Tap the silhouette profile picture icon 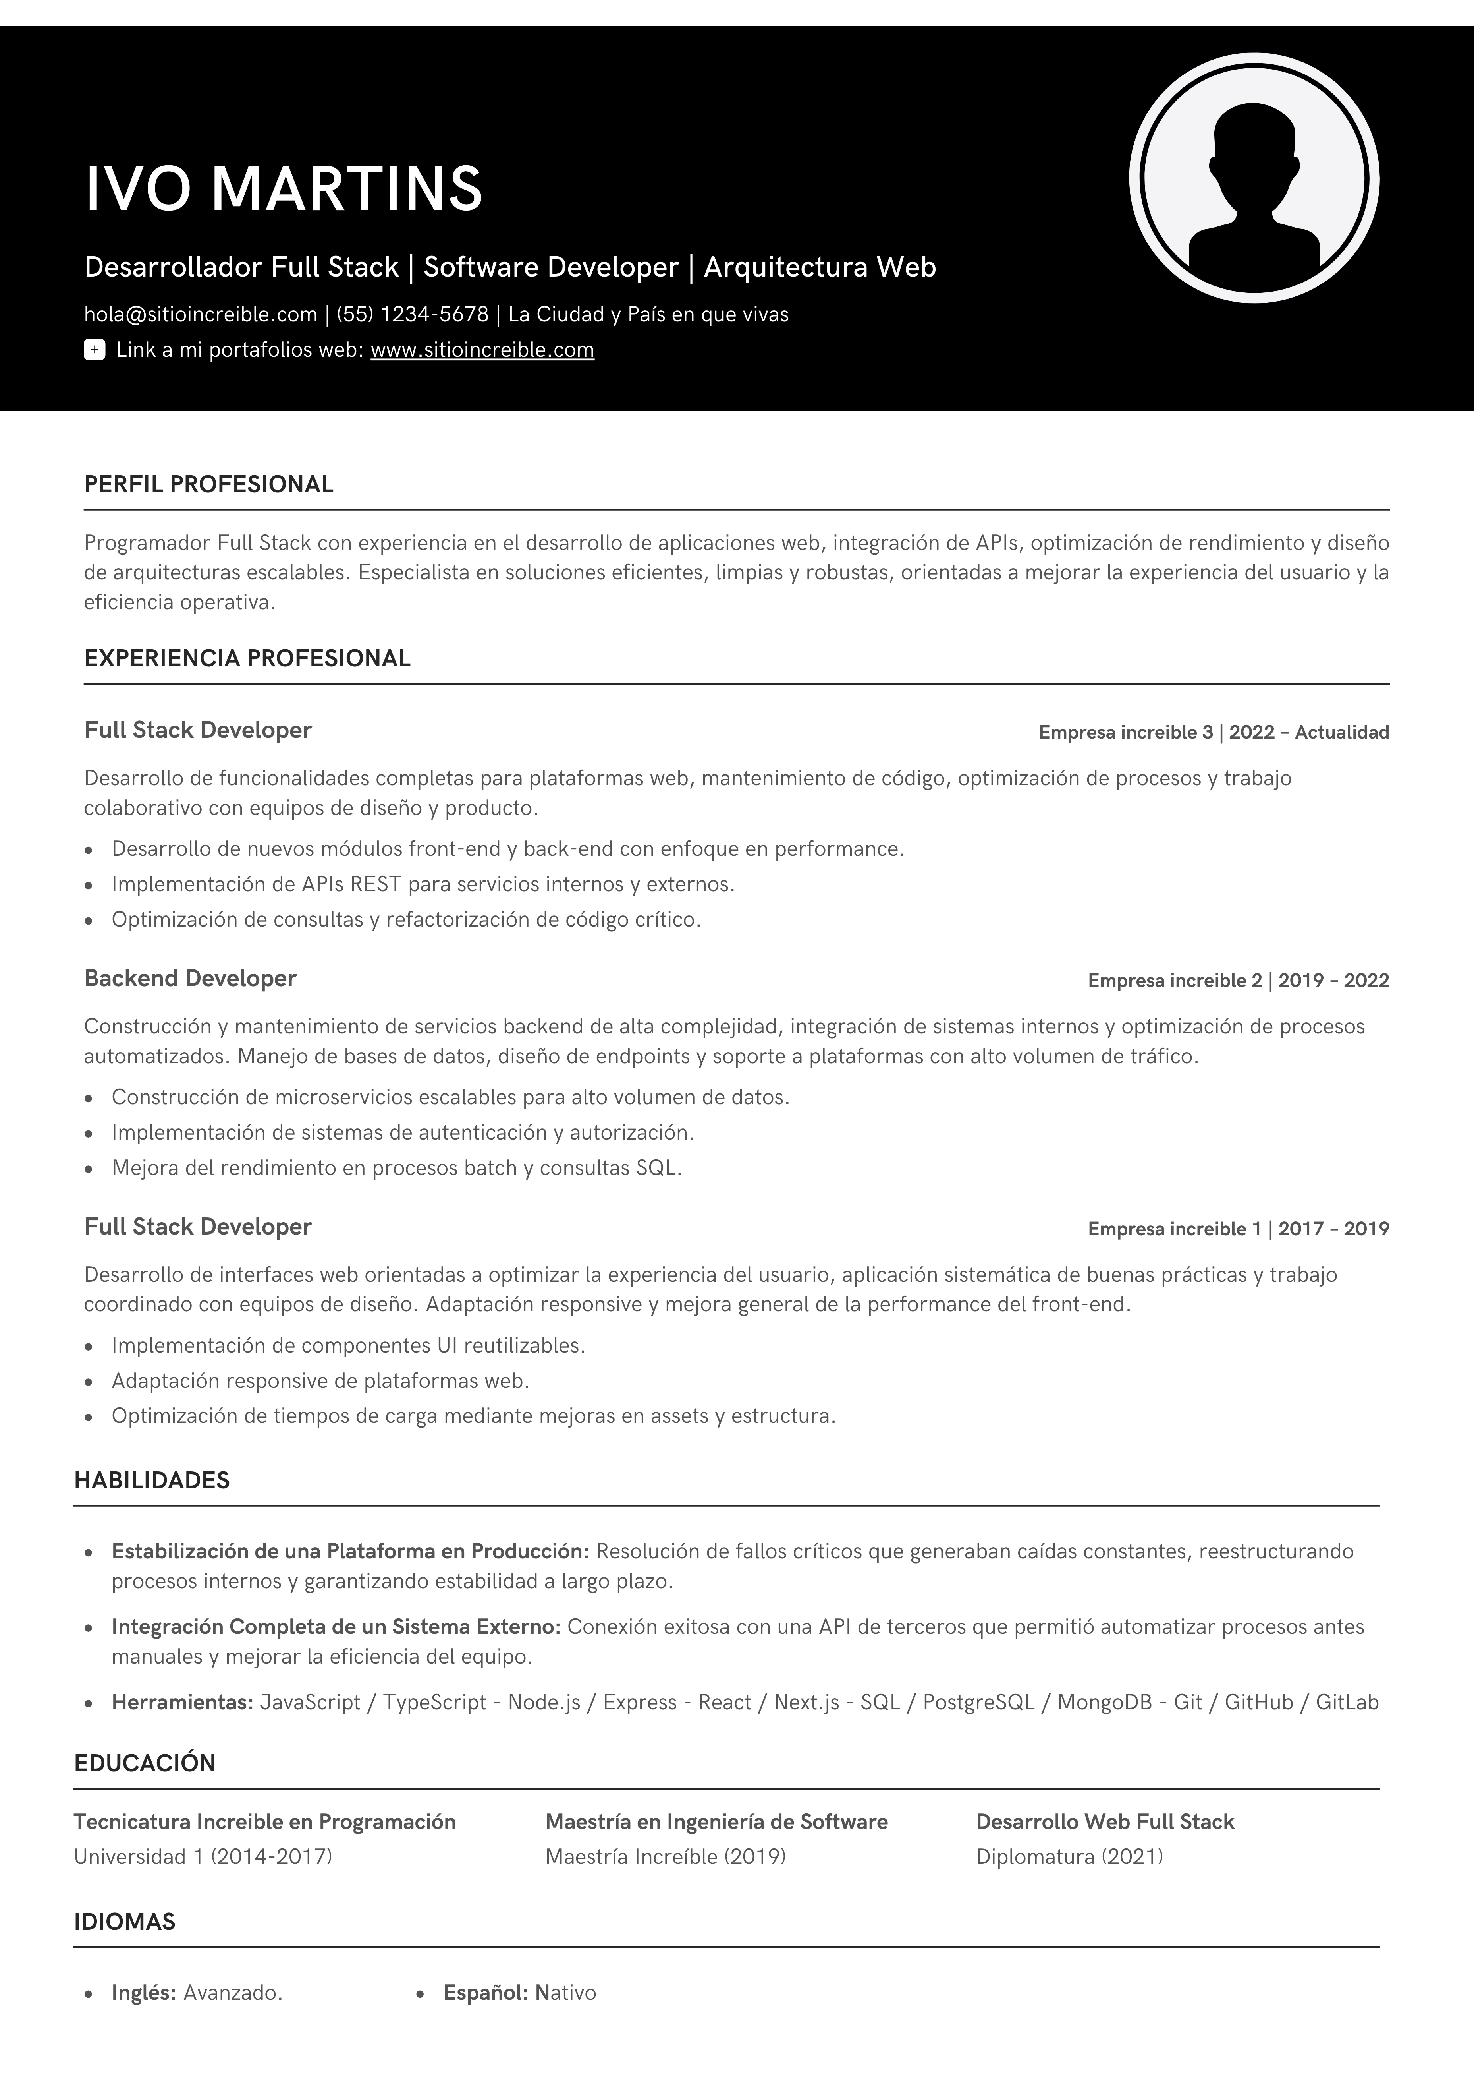(x=1254, y=178)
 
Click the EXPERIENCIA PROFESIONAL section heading (x=247, y=659)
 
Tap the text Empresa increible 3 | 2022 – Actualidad (x=1214, y=732)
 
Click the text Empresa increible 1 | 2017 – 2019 (x=1238, y=1229)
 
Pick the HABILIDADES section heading (x=152, y=1481)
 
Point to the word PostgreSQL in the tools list (x=979, y=1703)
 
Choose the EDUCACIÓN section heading (x=145, y=1763)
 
